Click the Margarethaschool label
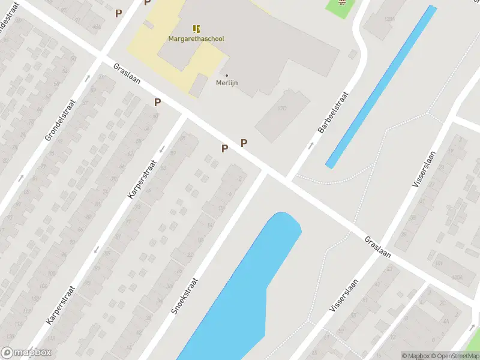[x=196, y=39]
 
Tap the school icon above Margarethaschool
[x=196, y=28]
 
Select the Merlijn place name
[x=227, y=83]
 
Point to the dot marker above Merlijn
[x=227, y=76]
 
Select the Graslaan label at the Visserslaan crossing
[x=377, y=247]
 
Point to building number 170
[x=282, y=109]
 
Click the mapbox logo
[x=26, y=353]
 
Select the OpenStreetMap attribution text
[x=454, y=356]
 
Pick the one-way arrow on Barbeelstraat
[x=310, y=146]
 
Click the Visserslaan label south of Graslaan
[x=344, y=295]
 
